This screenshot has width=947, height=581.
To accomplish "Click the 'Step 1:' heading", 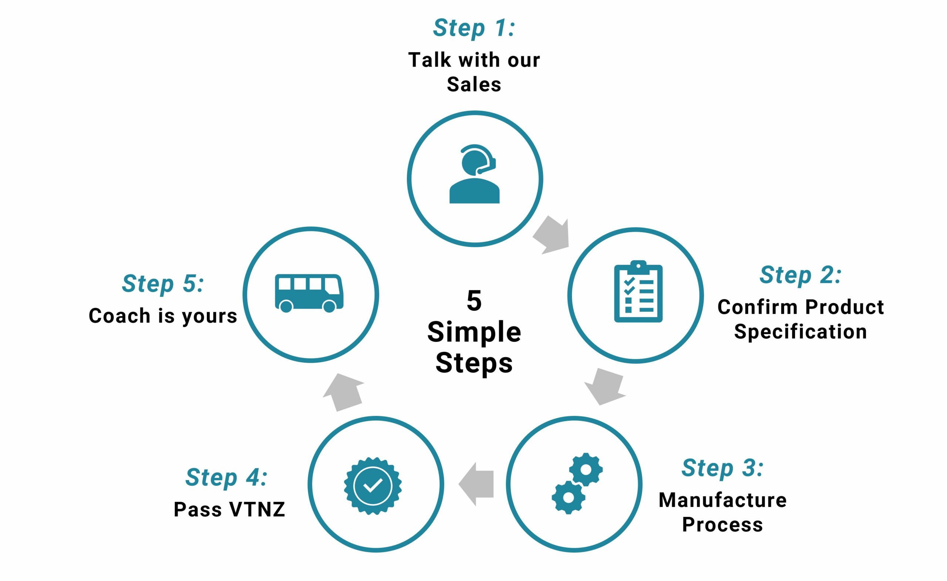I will [474, 28].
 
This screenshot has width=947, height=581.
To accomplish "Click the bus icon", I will [309, 293].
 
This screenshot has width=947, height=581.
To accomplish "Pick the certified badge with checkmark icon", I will [373, 486].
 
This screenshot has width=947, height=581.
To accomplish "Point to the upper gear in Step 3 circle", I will [586, 470].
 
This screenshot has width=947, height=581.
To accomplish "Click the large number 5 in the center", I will [474, 301].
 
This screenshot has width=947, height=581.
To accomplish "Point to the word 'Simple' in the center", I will [474, 332].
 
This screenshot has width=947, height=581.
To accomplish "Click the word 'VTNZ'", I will [257, 510].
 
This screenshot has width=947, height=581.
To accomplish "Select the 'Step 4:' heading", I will [226, 477].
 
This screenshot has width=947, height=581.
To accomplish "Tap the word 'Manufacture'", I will [722, 500].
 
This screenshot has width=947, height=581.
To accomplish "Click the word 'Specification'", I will [800, 332].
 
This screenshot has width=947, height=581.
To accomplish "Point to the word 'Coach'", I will [119, 316].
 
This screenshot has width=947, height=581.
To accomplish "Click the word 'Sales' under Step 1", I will [474, 84].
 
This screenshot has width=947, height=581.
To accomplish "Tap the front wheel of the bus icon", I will [329, 306].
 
